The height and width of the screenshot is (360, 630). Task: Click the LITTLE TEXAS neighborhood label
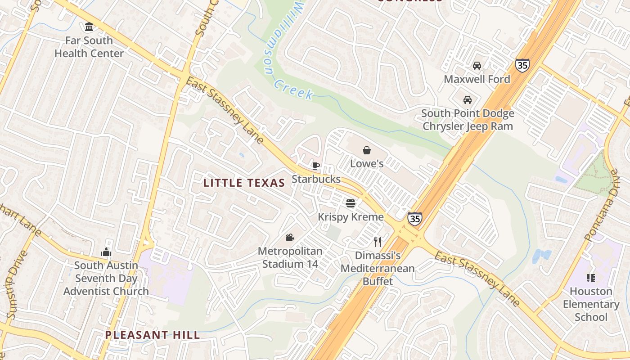244,183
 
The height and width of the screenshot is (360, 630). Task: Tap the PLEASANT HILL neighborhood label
153,335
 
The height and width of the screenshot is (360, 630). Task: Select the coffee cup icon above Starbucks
316,166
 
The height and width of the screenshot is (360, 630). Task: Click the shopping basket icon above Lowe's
367,150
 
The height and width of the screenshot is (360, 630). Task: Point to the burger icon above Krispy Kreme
351,203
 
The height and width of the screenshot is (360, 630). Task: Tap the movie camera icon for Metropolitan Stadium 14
290,237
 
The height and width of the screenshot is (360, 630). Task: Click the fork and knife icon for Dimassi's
378,242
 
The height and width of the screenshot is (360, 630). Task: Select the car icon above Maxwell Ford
477,66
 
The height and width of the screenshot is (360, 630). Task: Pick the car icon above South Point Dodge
468,99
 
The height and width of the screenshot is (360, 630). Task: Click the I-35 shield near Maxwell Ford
522,65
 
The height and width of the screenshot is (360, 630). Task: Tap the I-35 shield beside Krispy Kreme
415,218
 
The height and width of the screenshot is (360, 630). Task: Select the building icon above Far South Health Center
89,27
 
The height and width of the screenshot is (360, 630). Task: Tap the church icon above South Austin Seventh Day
106,252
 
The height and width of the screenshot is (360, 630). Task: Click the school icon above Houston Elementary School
591,278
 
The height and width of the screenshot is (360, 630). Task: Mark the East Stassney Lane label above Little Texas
225,110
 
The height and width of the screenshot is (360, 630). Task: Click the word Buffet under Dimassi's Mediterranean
378,281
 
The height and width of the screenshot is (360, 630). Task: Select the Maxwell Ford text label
477,79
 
